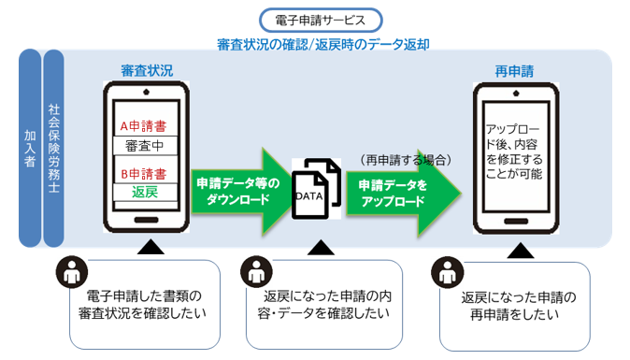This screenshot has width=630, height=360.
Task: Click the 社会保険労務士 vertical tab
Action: click(53, 148)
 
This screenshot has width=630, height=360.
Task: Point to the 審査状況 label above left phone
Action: click(146, 71)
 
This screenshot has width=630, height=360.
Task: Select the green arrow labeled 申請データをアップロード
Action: click(402, 192)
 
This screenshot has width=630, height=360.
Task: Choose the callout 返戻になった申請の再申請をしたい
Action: click(519, 306)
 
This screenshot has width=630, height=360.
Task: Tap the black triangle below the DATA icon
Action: click(321, 248)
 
